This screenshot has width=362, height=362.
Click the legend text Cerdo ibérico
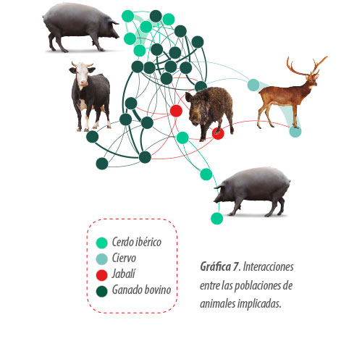[137, 242]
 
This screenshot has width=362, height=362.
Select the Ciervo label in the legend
[124, 258]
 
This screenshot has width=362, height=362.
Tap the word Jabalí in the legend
[123, 274]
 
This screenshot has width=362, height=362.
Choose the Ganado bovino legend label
[141, 290]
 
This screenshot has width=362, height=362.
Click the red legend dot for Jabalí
[101, 275]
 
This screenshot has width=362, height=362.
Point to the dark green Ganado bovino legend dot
[101, 291]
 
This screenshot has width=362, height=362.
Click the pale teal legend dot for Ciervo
[101, 259]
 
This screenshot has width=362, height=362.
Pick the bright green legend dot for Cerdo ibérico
[101, 243]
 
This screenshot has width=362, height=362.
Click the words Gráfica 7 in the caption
[219, 267]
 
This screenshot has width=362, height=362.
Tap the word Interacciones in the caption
[268, 266]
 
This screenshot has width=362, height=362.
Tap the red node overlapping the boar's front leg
[218, 133]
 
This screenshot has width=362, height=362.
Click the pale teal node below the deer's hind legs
[295, 131]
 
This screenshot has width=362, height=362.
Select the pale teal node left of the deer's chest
[253, 85]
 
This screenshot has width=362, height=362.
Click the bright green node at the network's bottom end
[216, 219]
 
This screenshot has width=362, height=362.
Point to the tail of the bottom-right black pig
[289, 180]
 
